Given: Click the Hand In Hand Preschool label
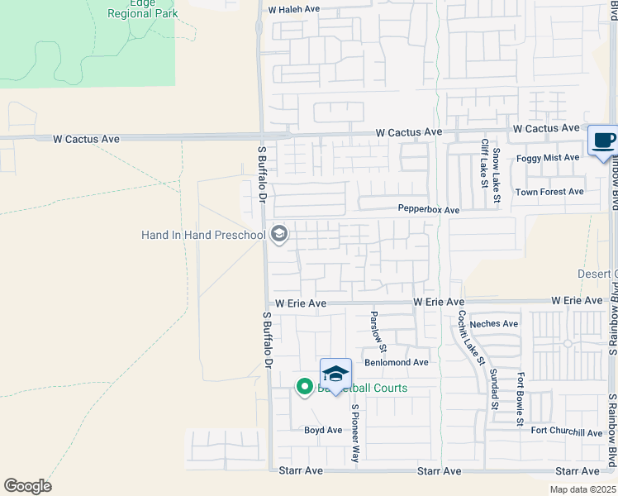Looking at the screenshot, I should coord(203,236).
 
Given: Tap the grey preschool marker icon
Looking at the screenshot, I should coord(279,236).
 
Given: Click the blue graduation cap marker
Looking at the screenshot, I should coord(335,374).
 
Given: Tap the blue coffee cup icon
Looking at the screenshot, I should coord(602,141).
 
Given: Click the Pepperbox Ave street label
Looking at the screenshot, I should coord(428,210).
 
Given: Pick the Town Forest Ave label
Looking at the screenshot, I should coord(549,192).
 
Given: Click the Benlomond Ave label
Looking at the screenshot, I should coord(397,363).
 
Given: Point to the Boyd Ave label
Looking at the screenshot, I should coord(323,431).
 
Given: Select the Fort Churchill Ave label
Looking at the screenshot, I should coord(567,432).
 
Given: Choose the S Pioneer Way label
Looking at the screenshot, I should coord(356,433).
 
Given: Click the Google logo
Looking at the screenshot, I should coord(27,486).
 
